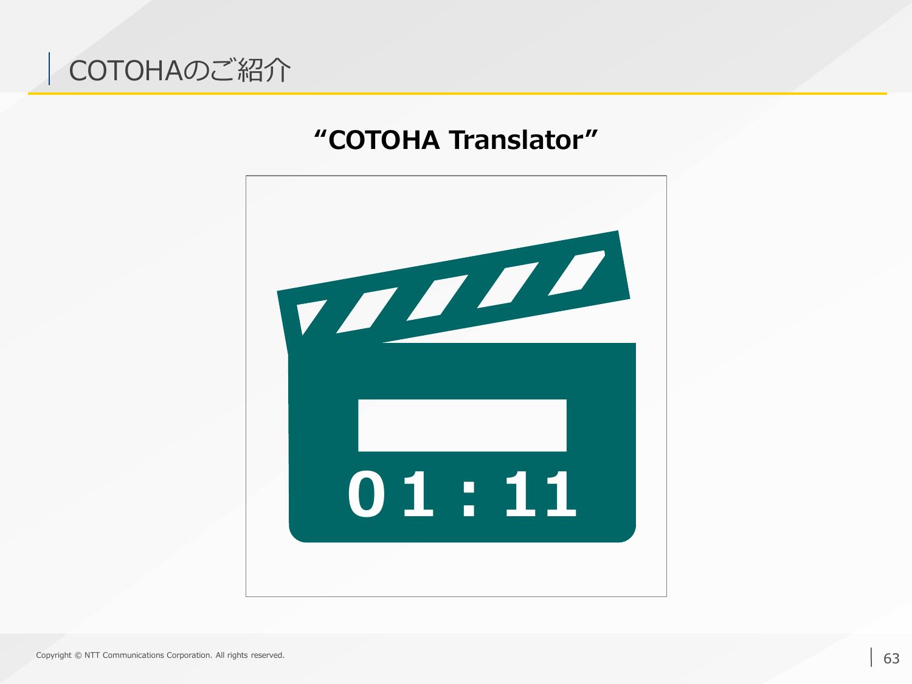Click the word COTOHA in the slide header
click(125, 71)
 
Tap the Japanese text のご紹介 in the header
click(237, 70)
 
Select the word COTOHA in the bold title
click(384, 140)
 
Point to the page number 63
click(891, 658)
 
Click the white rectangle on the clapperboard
click(462, 425)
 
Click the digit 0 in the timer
click(366, 494)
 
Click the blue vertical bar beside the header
click(49, 69)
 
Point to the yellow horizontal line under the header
click(457, 94)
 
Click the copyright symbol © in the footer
click(78, 655)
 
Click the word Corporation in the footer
click(189, 655)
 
